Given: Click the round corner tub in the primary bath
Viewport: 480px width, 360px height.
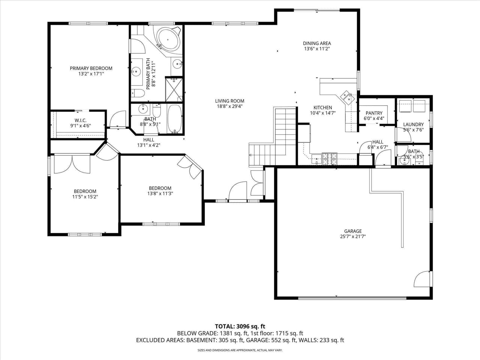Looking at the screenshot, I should pos(168,38).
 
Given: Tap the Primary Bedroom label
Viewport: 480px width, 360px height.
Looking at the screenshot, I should pos(91,68).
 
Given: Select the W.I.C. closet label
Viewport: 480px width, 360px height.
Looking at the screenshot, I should pos(80,120).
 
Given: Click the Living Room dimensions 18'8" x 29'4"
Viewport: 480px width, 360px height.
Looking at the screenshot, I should pos(229,106).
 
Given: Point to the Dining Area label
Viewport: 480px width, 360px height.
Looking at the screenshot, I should pos(317,43).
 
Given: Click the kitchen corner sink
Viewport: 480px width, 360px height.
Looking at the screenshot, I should pos(347,97).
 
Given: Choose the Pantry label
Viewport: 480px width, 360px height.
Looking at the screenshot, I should pos(374,113).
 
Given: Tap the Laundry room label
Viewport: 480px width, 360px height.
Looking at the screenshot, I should pos(413,124).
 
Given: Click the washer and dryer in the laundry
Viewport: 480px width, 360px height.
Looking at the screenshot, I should pos(412,106).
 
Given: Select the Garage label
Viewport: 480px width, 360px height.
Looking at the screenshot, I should pos(353,231).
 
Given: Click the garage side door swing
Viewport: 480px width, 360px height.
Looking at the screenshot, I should pos(422,279).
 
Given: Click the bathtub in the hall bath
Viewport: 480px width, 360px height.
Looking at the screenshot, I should pos(174,119).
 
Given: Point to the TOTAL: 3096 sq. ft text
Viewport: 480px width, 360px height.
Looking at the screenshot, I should pos(240,326).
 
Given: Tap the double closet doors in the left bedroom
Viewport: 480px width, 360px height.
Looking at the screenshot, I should pos(72,164).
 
